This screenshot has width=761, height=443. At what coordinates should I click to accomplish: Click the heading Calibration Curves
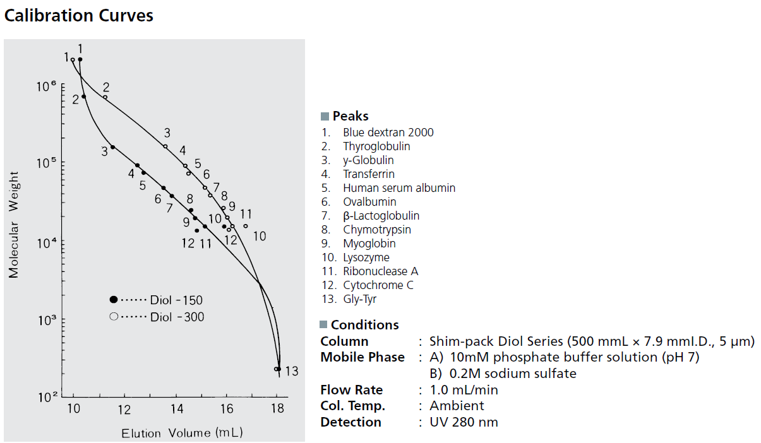pyautogui.click(x=79, y=15)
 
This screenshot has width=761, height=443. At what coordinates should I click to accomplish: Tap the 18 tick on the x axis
pyautogui.click(x=277, y=409)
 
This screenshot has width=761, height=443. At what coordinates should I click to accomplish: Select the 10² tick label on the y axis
pyautogui.click(x=46, y=398)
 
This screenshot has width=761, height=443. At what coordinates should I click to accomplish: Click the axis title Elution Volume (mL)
pyautogui.click(x=182, y=433)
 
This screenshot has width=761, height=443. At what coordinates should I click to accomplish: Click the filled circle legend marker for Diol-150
pyautogui.click(x=114, y=300)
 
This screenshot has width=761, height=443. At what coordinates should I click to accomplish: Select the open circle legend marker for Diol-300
pyautogui.click(x=114, y=317)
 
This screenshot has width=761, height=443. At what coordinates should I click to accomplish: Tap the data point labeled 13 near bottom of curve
pyautogui.click(x=277, y=369)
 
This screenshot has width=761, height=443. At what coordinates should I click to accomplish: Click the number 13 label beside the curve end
pyautogui.click(x=291, y=371)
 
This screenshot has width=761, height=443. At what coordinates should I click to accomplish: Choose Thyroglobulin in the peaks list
pyautogui.click(x=376, y=146)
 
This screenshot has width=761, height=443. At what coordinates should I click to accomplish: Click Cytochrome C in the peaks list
pyautogui.click(x=378, y=285)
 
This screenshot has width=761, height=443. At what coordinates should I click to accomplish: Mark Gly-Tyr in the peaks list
pyautogui.click(x=360, y=299)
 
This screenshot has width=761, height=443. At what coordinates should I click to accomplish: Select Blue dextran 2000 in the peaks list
pyautogui.click(x=388, y=133)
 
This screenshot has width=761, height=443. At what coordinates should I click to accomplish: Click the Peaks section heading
pyautogui.click(x=351, y=116)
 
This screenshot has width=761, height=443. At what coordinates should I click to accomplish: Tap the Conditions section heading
pyautogui.click(x=365, y=325)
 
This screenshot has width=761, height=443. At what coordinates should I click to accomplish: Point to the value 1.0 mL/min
pyautogui.click(x=463, y=390)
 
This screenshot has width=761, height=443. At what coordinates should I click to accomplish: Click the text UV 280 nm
pyautogui.click(x=464, y=422)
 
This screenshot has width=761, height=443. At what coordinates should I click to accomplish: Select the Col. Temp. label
pyautogui.click(x=352, y=406)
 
